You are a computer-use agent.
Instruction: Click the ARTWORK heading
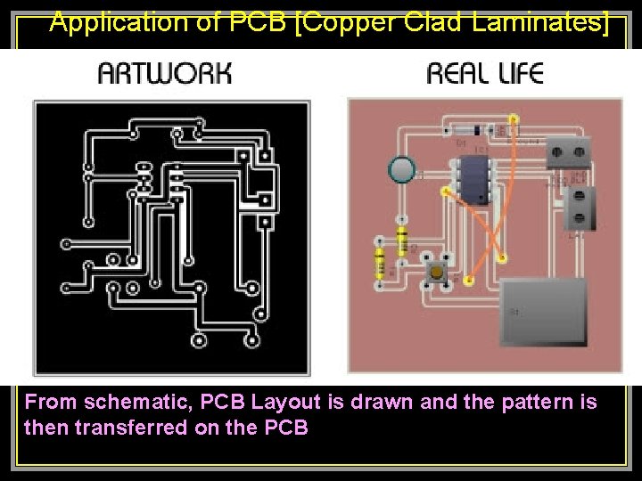coord(165,73)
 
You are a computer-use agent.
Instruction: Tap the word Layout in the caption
coord(285,402)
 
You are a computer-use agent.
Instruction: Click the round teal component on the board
coord(403,169)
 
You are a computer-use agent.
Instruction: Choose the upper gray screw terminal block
coord(569,152)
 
